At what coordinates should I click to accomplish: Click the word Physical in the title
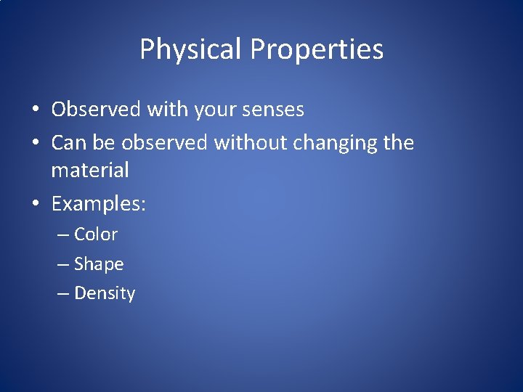(191, 50)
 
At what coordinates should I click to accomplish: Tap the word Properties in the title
(317, 50)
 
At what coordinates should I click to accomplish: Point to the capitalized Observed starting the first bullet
(96, 110)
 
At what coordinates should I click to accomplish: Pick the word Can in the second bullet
(68, 143)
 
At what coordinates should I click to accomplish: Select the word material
(90, 171)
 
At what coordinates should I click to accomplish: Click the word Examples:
(99, 205)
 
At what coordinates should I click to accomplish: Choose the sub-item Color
(96, 234)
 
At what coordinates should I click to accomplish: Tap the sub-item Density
(105, 294)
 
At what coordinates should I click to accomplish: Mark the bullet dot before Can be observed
(36, 144)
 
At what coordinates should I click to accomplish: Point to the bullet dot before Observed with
(36, 110)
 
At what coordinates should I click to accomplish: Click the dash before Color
(63, 235)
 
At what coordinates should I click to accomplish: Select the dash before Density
(63, 294)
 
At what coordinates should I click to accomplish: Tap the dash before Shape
(63, 265)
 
